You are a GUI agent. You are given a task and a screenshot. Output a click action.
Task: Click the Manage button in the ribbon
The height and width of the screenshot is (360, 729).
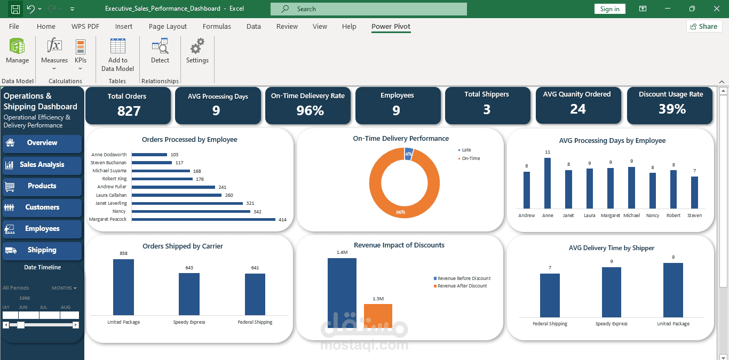tap(17, 51)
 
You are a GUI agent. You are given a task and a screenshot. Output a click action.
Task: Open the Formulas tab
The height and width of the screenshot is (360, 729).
tap(217, 26)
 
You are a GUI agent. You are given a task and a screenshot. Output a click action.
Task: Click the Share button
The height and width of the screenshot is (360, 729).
tap(704, 26)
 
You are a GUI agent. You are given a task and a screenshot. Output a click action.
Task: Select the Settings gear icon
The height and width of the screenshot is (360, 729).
tap(197, 46)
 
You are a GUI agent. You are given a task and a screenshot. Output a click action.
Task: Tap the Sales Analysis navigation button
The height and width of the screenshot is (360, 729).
tap(42, 165)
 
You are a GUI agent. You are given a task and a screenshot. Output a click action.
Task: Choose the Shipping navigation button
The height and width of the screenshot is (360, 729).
tap(42, 250)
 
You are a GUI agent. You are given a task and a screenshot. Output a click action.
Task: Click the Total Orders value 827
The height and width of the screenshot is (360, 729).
tap(129, 111)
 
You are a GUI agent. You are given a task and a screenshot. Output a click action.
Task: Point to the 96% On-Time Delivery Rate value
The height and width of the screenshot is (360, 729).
tap(310, 111)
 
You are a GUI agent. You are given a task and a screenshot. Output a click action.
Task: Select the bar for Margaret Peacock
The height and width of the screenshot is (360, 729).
tap(203, 220)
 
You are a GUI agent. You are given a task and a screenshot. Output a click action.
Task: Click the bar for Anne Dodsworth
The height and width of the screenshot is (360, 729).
tap(149, 155)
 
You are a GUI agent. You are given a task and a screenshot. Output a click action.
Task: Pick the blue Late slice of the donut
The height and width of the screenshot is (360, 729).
tap(408, 154)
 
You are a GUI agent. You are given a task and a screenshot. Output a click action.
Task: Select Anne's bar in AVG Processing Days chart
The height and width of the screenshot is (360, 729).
tap(548, 183)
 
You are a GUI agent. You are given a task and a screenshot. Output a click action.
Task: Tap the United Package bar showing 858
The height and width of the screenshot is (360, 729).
tap(123, 287)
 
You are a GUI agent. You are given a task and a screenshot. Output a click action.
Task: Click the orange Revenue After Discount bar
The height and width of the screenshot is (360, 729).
tap(378, 315)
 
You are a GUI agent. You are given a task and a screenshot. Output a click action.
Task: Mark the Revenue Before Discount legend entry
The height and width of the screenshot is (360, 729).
tap(462, 278)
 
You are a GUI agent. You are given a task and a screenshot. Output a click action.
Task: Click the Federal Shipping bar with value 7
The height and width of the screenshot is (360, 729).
tap(550, 295)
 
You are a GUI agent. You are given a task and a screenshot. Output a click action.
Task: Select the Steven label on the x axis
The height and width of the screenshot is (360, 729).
tap(694, 215)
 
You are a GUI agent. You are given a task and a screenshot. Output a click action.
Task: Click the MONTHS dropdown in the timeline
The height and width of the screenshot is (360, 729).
tap(64, 288)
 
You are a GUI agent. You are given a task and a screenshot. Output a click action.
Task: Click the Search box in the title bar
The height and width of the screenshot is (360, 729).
tap(368, 9)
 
